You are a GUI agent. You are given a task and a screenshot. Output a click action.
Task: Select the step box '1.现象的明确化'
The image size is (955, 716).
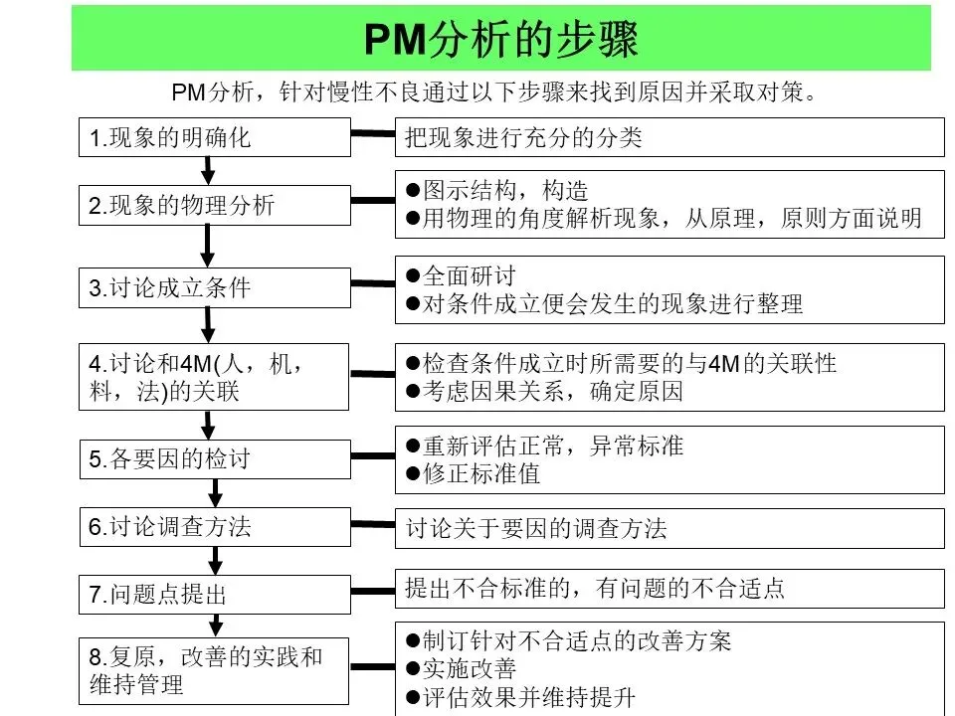click(x=215, y=137)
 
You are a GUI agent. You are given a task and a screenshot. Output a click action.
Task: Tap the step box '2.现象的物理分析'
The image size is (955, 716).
click(x=215, y=206)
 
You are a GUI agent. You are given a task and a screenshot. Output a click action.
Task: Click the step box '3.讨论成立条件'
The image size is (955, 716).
click(x=215, y=288)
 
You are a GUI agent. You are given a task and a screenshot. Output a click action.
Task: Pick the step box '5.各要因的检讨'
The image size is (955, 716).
click(x=215, y=458)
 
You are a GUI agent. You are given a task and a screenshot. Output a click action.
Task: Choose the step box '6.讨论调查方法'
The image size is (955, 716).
click(x=215, y=527)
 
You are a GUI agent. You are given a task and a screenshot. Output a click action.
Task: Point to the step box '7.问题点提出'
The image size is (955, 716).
click(x=215, y=595)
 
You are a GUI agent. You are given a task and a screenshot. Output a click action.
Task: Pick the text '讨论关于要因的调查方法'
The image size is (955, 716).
click(x=536, y=528)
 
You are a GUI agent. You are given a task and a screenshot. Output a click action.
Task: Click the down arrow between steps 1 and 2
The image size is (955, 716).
click(x=208, y=170)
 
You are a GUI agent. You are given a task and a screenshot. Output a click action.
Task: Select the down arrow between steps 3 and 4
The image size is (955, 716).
click(x=208, y=324)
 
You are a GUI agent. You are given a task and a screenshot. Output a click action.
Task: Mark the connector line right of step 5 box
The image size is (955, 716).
click(x=373, y=456)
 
